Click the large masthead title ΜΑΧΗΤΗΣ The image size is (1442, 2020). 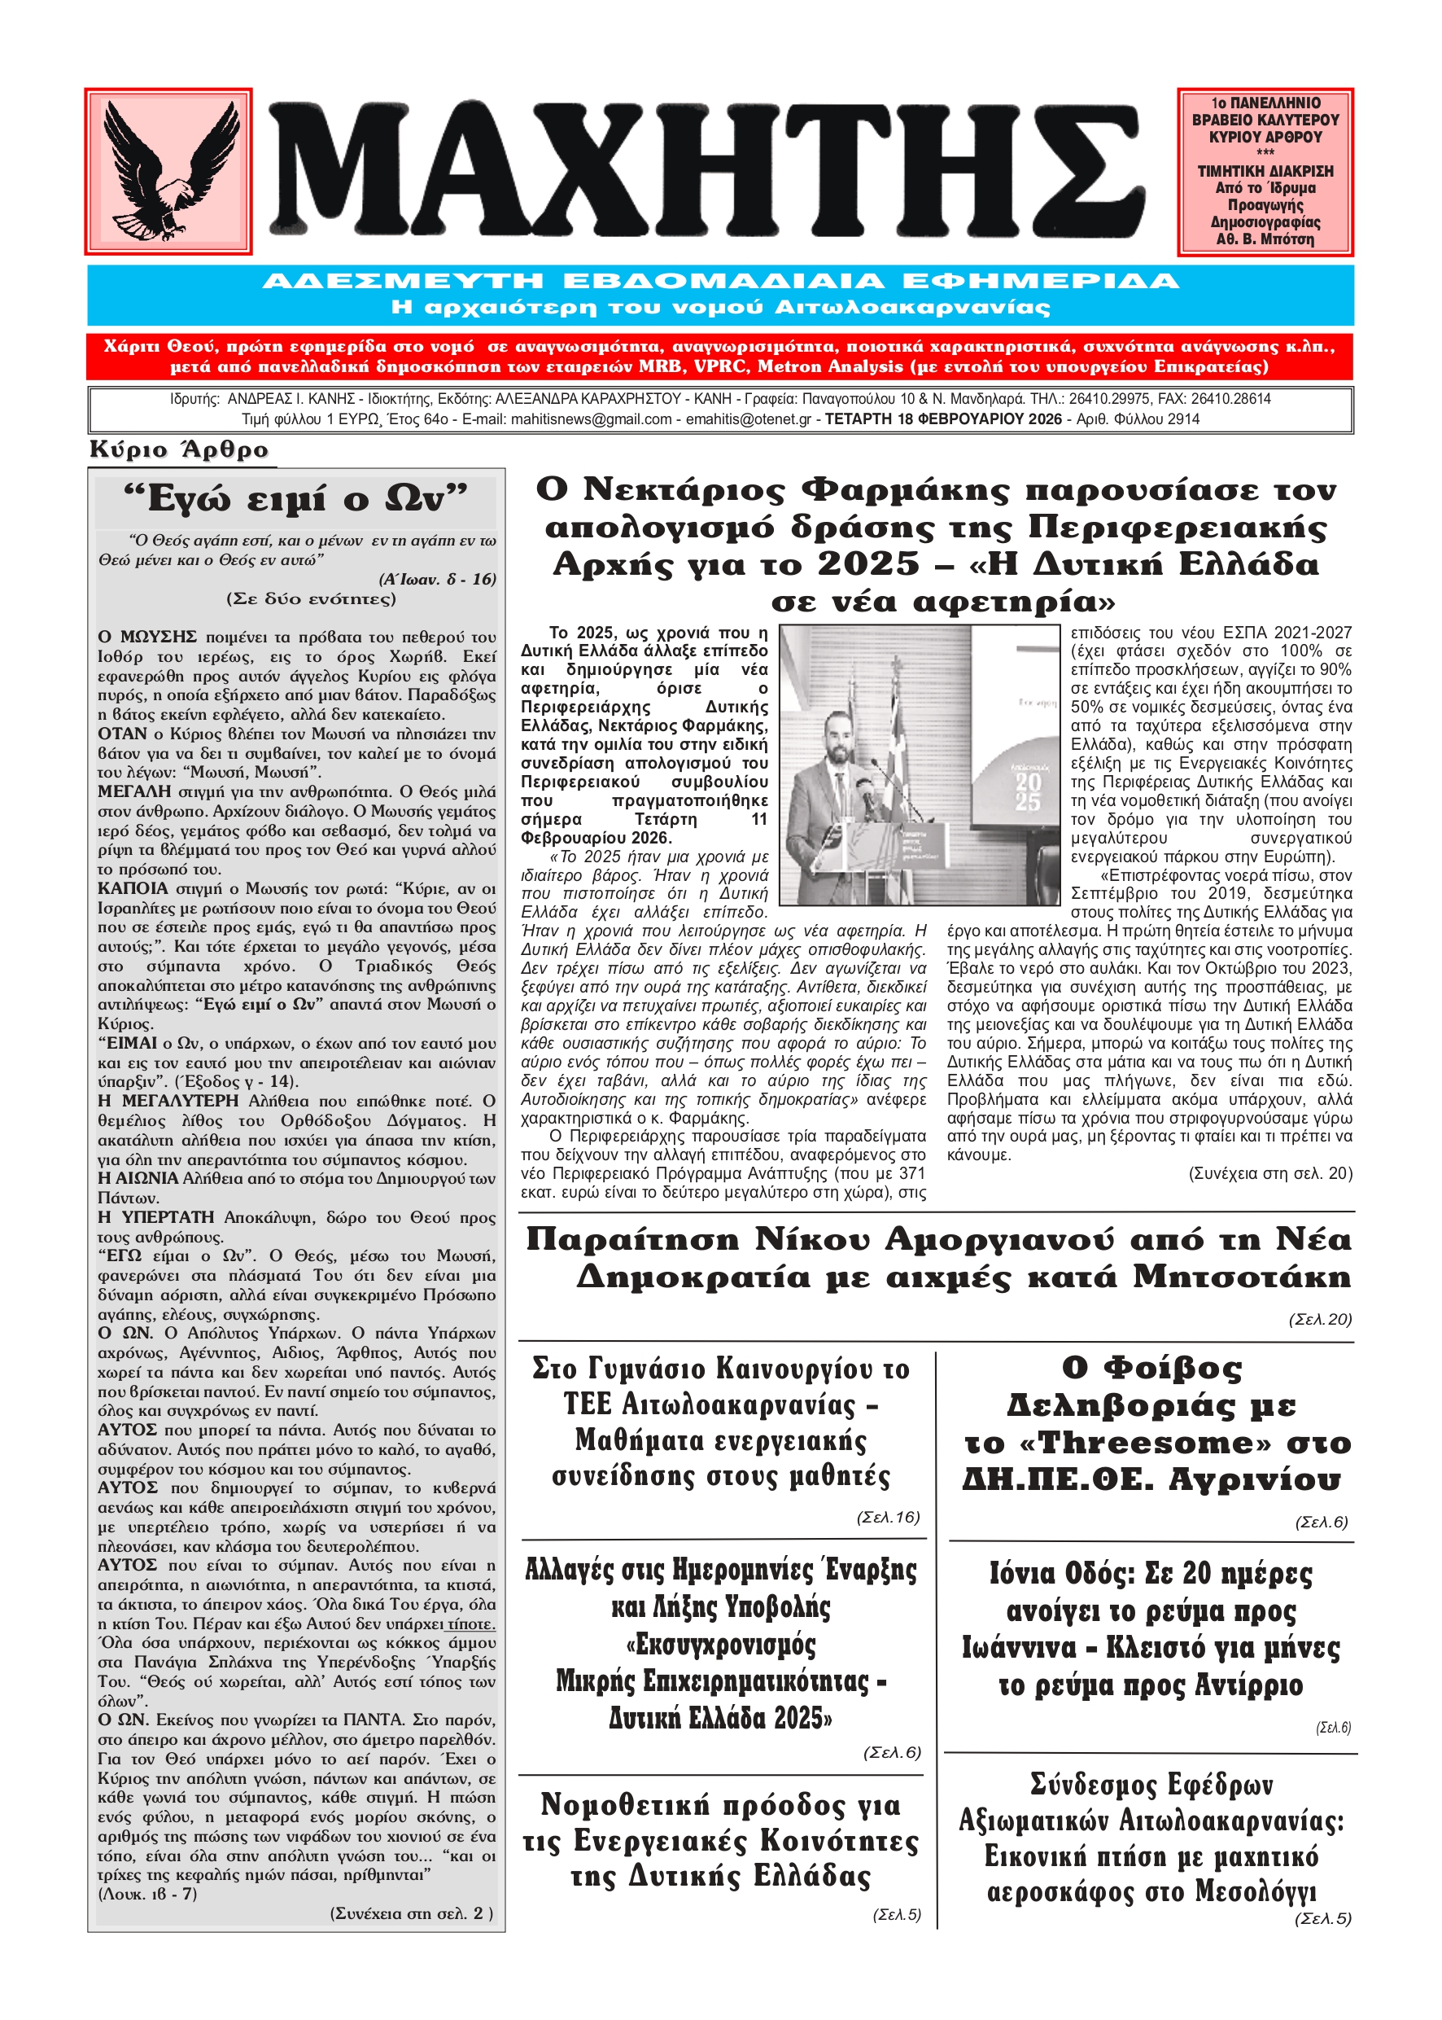tap(706, 172)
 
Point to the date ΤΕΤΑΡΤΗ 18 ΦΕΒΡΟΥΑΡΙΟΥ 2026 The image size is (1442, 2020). tap(943, 419)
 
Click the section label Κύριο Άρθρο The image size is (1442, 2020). tap(178, 450)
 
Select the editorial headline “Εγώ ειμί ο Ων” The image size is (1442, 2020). tap(295, 498)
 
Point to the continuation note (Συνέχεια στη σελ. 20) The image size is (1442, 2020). tap(1269, 1174)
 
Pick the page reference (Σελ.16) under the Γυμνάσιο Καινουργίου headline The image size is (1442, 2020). tap(887, 1517)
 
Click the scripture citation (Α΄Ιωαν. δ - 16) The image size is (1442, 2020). tap(437, 579)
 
